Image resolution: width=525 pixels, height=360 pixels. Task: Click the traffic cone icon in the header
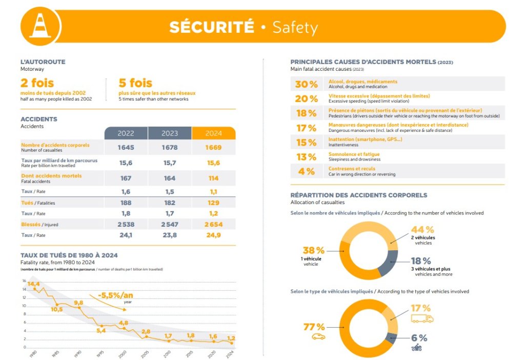click(x=41, y=26)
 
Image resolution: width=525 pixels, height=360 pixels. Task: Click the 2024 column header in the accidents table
click(x=213, y=133)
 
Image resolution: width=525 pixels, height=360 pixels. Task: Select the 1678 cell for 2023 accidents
click(x=169, y=148)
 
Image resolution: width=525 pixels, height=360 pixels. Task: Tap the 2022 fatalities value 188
click(x=126, y=203)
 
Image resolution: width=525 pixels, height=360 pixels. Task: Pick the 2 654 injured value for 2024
click(x=213, y=224)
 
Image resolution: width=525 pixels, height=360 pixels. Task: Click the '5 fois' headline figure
click(x=135, y=83)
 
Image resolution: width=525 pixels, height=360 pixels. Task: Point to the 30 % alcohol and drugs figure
click(x=307, y=84)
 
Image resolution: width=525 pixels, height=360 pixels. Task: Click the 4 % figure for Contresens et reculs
click(x=307, y=171)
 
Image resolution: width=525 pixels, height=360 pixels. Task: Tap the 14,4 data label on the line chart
click(x=34, y=284)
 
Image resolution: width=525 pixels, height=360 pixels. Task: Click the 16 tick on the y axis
click(x=24, y=281)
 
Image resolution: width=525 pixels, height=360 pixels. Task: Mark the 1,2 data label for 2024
click(x=231, y=338)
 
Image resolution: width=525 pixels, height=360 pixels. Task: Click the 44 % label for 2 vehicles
click(x=422, y=230)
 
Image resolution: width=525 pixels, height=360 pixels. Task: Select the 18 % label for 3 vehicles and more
click(x=420, y=261)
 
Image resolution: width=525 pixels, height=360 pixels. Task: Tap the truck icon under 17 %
click(x=422, y=318)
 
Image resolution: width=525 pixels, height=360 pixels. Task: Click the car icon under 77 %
click(x=318, y=336)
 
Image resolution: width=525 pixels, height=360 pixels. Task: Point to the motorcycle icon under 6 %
click(x=416, y=348)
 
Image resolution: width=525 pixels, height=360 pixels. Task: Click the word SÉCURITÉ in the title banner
click(x=212, y=27)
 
